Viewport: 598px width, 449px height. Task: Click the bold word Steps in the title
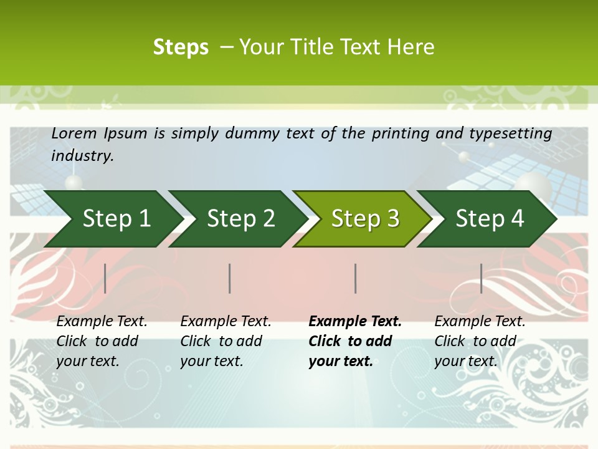pyautogui.click(x=181, y=47)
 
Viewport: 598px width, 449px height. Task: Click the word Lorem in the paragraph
pyautogui.click(x=74, y=133)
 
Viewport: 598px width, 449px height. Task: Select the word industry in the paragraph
pyautogui.click(x=82, y=155)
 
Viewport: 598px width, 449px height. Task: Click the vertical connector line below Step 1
pyautogui.click(x=105, y=278)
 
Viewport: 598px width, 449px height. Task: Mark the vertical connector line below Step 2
pyautogui.click(x=230, y=278)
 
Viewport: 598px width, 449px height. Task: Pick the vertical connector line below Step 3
pyautogui.click(x=355, y=278)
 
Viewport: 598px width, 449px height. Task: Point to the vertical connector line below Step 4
pyautogui.click(x=481, y=278)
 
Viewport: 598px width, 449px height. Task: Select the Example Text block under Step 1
pyautogui.click(x=101, y=341)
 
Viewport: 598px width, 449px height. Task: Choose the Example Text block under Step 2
pyautogui.click(x=225, y=341)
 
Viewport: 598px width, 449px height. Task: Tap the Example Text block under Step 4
pyautogui.click(x=480, y=341)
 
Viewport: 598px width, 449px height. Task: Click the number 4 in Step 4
pyautogui.click(x=517, y=218)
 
